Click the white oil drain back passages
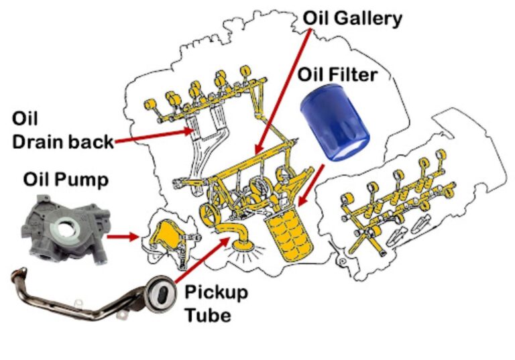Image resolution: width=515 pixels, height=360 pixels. point(201,144)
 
